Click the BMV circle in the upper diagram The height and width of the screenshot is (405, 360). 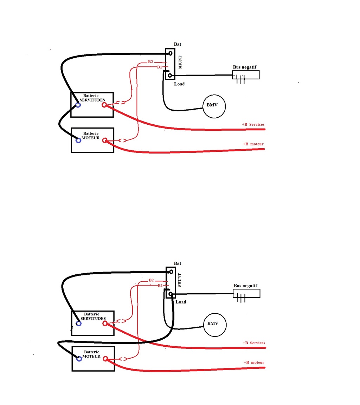(x=214, y=96)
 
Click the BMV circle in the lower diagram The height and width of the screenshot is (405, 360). (x=215, y=314)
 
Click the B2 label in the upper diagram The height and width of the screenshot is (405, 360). (x=150, y=62)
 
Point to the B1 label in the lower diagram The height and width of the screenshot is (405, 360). (x=160, y=286)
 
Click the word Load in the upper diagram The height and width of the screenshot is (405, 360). (x=179, y=84)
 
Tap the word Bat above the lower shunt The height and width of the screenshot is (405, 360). (x=178, y=263)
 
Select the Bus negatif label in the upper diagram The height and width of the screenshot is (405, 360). (x=245, y=67)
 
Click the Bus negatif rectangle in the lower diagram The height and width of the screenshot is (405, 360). (x=246, y=289)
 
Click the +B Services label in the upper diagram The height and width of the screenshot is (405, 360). (x=253, y=124)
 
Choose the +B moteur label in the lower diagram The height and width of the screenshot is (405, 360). (x=254, y=362)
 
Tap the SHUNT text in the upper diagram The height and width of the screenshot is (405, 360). (x=180, y=63)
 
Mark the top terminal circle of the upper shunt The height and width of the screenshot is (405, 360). (x=170, y=53)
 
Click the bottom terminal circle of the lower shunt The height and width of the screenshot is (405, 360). (x=171, y=294)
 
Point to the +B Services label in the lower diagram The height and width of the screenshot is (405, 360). (x=254, y=343)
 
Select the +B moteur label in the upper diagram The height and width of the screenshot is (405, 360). (x=253, y=144)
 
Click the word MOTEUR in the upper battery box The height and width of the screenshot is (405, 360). (x=91, y=138)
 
